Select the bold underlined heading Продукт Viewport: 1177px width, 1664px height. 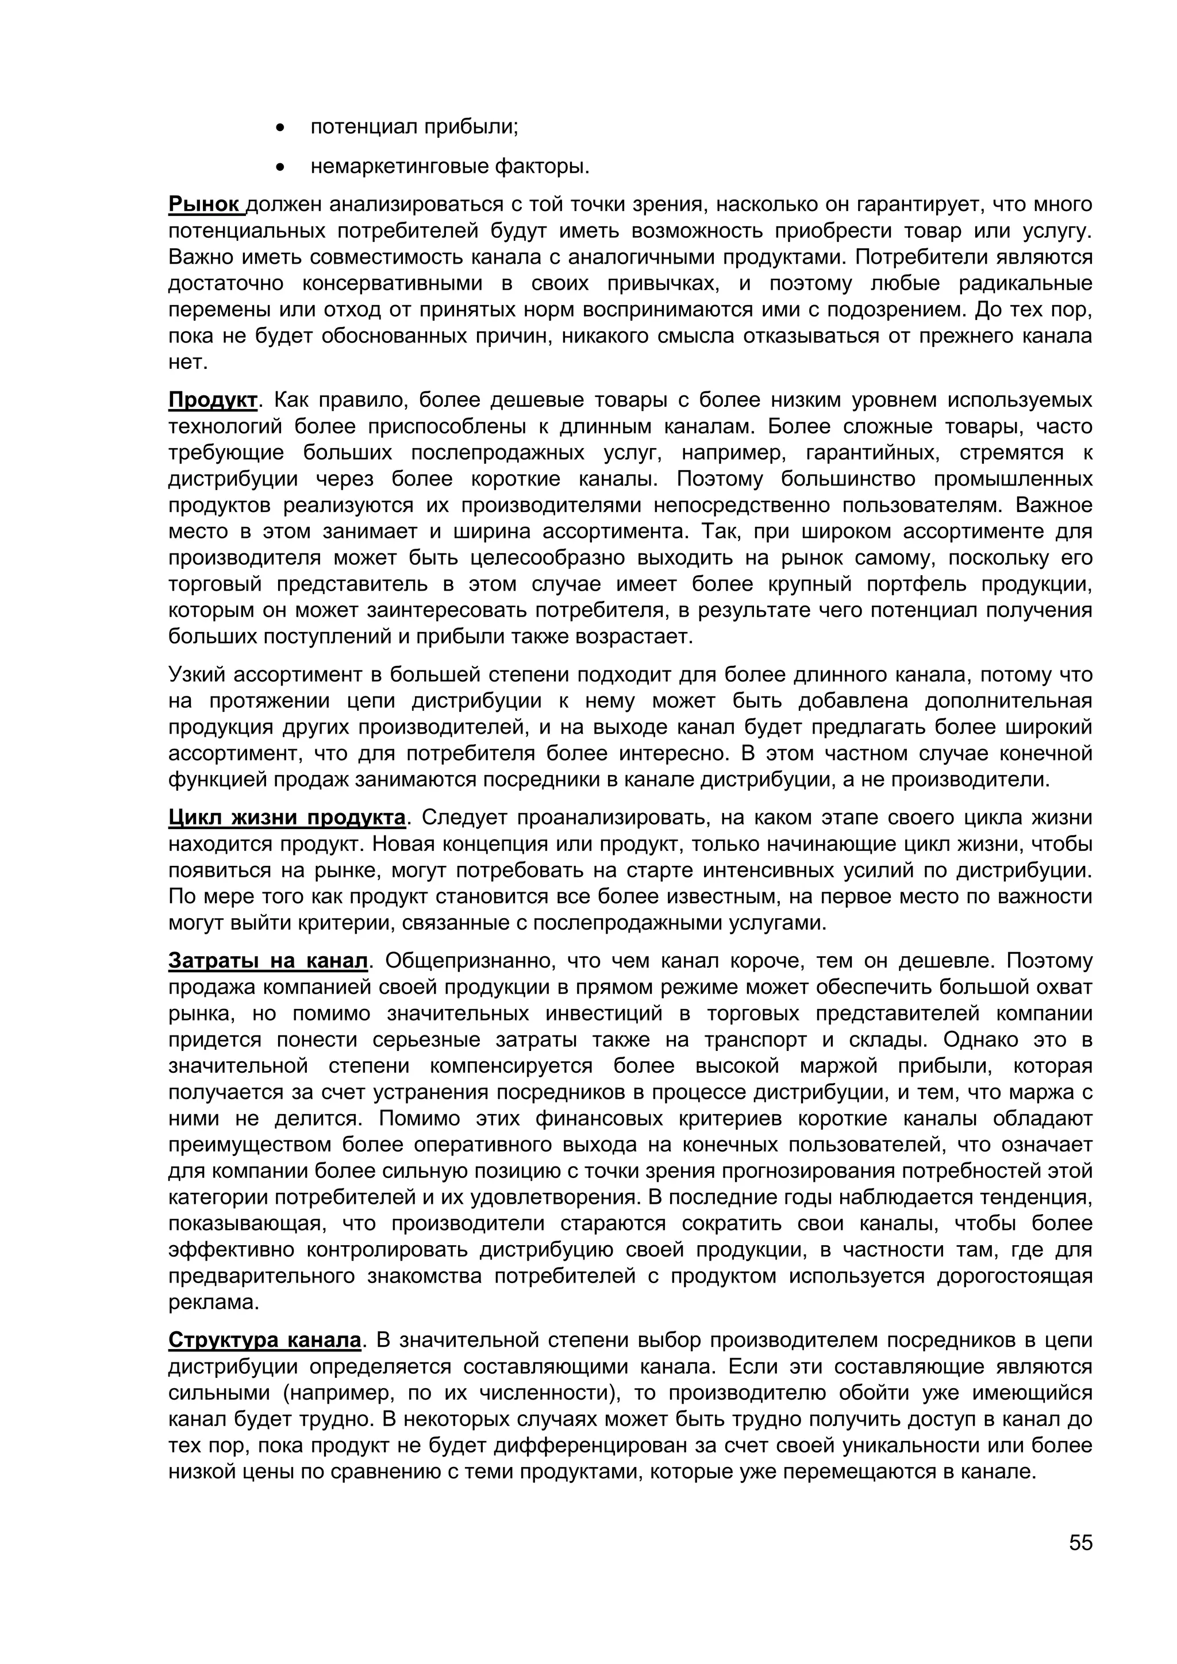[x=212, y=400]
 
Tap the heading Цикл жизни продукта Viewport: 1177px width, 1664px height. [x=286, y=818]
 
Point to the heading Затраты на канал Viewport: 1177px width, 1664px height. [x=268, y=961]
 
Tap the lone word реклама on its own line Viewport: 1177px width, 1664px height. [x=213, y=1303]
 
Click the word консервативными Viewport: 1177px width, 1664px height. [x=391, y=283]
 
